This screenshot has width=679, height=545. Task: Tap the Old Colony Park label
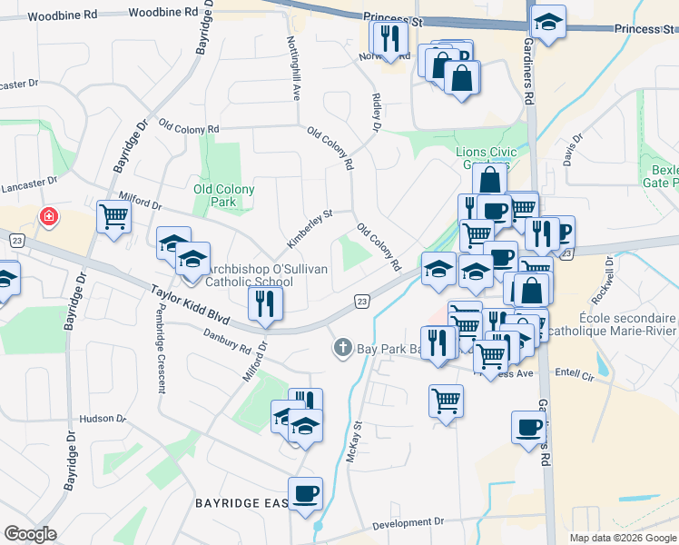point(223,195)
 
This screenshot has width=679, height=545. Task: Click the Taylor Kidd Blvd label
point(190,306)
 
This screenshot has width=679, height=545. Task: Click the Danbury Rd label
point(227,342)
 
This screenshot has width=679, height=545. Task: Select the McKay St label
point(357,441)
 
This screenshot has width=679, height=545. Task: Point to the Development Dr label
point(408,522)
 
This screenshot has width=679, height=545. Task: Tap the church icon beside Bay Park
point(343,347)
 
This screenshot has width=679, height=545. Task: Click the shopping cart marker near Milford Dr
point(114,217)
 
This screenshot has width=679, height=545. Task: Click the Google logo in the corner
point(31,534)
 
